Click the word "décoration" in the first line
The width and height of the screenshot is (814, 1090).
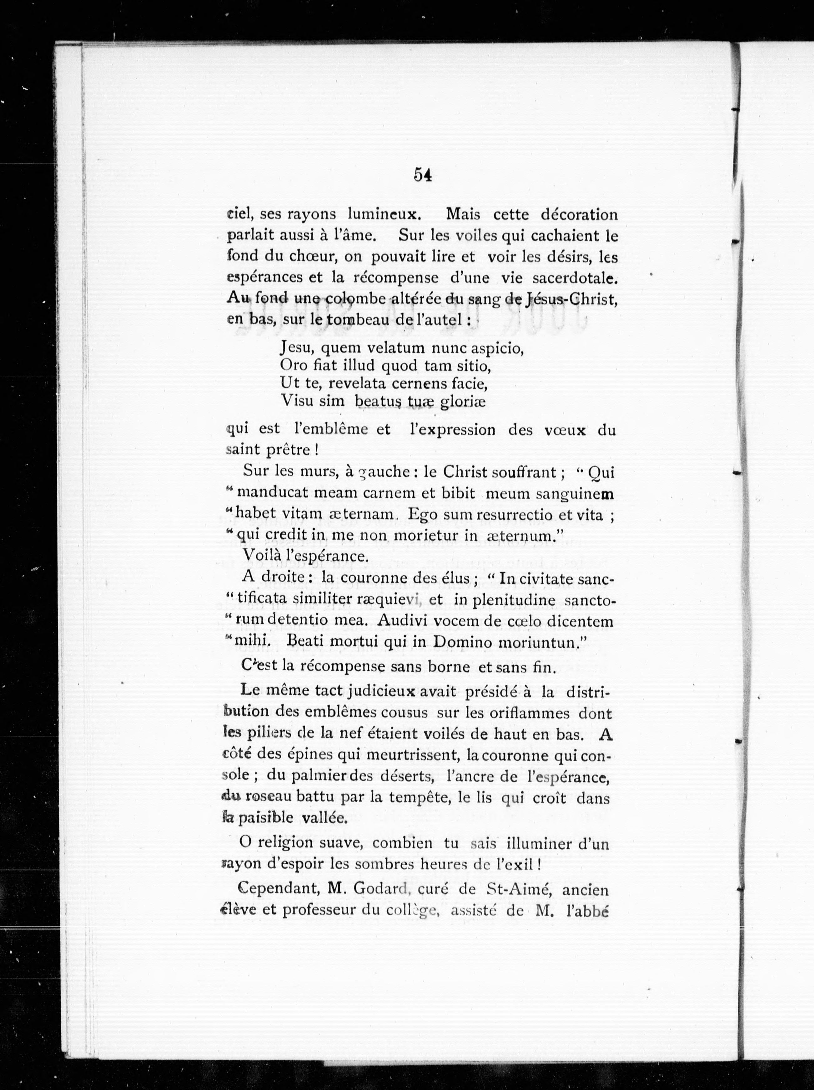pos(579,215)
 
